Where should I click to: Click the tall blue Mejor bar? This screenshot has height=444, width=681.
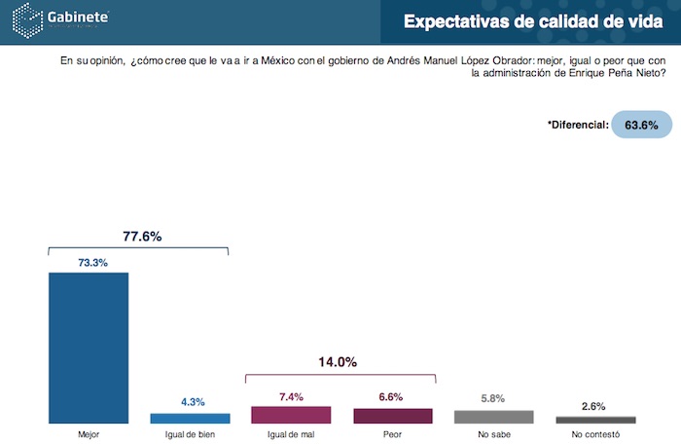89,348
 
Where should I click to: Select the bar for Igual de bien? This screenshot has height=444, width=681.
190,418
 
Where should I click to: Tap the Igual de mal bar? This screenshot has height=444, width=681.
291,415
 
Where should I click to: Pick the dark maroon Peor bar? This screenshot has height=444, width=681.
392,416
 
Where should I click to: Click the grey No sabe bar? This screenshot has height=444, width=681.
494,417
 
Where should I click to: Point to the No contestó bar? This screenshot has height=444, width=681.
595,420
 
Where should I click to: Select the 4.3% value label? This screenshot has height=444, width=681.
190,402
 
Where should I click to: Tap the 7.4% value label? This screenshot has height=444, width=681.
291,395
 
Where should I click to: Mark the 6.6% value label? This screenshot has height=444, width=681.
392,397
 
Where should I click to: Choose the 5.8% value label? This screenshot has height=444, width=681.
494,398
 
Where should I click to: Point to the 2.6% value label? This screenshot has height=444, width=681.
595,406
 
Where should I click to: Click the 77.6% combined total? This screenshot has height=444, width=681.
142,236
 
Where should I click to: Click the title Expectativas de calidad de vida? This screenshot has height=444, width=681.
533,21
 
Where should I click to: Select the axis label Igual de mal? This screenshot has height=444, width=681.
291,434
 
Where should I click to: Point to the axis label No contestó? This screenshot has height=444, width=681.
595,434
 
